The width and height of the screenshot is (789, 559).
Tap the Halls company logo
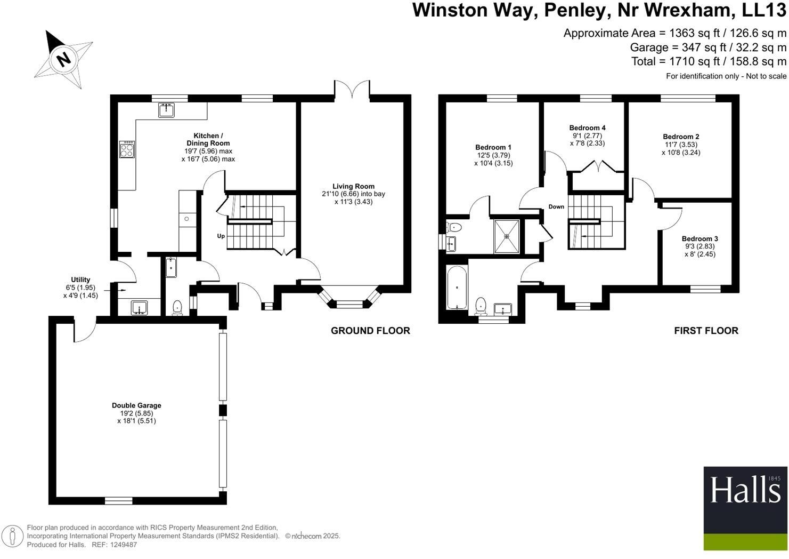745,508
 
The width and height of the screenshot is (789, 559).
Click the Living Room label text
353,186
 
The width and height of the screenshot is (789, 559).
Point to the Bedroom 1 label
493,147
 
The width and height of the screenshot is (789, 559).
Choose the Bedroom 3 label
699,239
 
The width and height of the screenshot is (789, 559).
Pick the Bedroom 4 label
587,128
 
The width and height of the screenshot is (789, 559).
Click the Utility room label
80,279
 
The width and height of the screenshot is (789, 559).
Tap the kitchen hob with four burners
127,149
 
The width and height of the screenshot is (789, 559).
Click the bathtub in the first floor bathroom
457,288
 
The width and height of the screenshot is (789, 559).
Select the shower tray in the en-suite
506,236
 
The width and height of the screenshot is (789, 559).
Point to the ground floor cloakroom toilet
177,307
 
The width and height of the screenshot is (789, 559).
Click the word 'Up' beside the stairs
221,236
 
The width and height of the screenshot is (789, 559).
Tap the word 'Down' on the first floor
556,206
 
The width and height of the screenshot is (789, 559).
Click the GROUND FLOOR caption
370,331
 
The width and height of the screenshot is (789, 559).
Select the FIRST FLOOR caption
706,331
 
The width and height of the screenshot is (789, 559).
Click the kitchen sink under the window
167,110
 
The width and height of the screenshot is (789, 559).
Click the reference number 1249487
122,545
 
